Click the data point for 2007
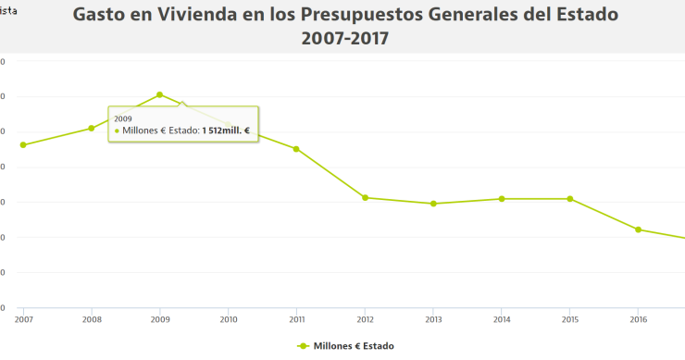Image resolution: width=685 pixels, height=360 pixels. (23, 145)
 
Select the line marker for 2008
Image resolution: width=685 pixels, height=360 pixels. (92, 129)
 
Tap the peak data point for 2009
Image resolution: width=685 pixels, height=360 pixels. (160, 94)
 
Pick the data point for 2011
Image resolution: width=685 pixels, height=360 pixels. (296, 149)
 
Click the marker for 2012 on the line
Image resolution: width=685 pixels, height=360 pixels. (366, 198)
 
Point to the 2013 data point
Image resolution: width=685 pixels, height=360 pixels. (433, 204)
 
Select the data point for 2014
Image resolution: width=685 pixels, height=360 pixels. (502, 199)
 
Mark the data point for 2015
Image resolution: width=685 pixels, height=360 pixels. (570, 199)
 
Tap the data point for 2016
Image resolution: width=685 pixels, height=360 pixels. (639, 230)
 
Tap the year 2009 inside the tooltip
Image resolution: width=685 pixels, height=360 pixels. (123, 118)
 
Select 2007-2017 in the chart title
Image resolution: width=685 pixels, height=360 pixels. (345, 39)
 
